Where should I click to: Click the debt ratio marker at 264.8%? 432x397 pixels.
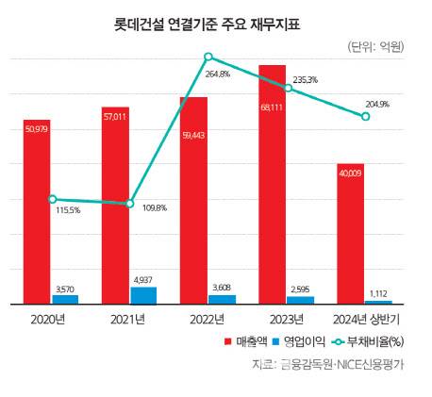click(208, 58)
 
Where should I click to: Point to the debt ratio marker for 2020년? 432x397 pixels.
click(52, 199)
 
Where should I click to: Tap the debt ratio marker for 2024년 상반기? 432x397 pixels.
click(364, 116)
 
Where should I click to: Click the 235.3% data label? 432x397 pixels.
click(305, 81)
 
